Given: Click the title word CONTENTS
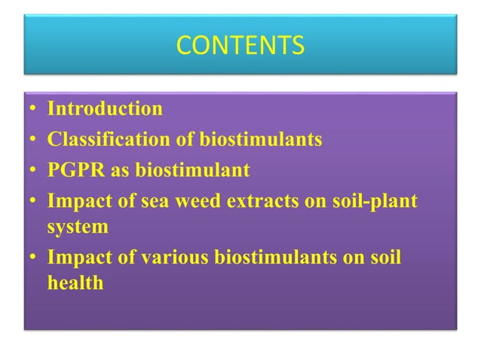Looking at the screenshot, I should point(240,47).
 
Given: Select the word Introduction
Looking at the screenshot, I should point(105,109).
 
